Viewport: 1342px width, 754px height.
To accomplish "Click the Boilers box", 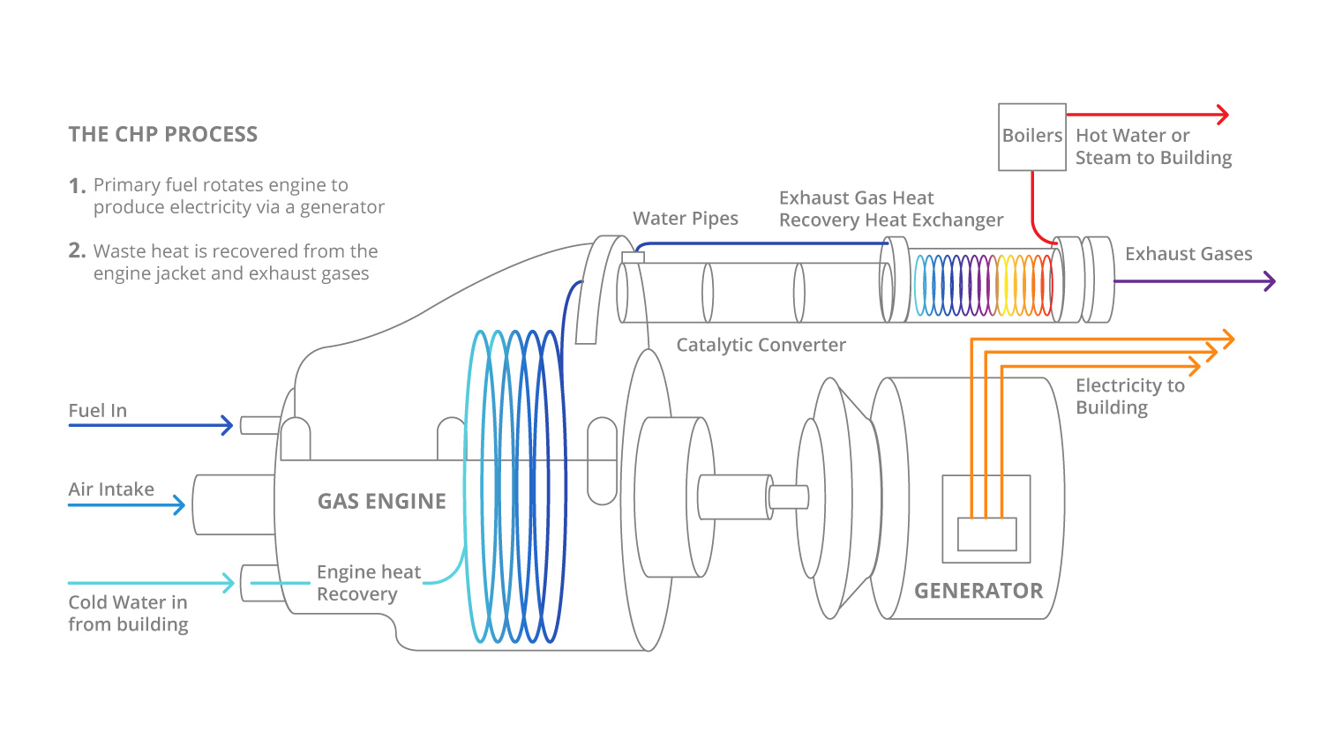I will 1031,137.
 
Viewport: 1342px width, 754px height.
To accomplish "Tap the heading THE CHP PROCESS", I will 163,135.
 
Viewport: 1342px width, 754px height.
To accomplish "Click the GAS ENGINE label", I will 381,502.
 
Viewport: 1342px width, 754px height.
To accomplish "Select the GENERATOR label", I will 978,591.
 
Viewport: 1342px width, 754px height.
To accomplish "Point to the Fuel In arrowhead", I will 228,426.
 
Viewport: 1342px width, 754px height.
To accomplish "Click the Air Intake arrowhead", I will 179,505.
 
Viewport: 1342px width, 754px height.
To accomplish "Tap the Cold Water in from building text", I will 128,614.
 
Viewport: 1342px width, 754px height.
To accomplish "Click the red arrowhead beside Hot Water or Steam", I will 1223,115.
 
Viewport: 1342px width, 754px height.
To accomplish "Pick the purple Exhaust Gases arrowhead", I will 1270,281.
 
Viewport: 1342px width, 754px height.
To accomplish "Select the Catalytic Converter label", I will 761,345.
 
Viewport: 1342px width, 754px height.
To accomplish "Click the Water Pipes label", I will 685,219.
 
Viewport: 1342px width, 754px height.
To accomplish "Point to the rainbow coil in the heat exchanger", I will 983,285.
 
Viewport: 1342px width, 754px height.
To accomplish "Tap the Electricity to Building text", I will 1128,397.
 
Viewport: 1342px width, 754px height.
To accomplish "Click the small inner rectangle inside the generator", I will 986,534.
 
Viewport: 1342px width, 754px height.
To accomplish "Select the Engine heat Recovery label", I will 368,583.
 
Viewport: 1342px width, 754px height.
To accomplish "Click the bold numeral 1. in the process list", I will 77,186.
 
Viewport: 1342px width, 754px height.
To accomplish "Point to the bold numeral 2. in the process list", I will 77,251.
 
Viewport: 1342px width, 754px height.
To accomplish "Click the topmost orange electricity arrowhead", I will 1227,339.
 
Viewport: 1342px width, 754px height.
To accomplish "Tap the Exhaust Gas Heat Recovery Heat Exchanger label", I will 890,209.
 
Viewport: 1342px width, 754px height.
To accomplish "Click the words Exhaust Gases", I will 1188,254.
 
